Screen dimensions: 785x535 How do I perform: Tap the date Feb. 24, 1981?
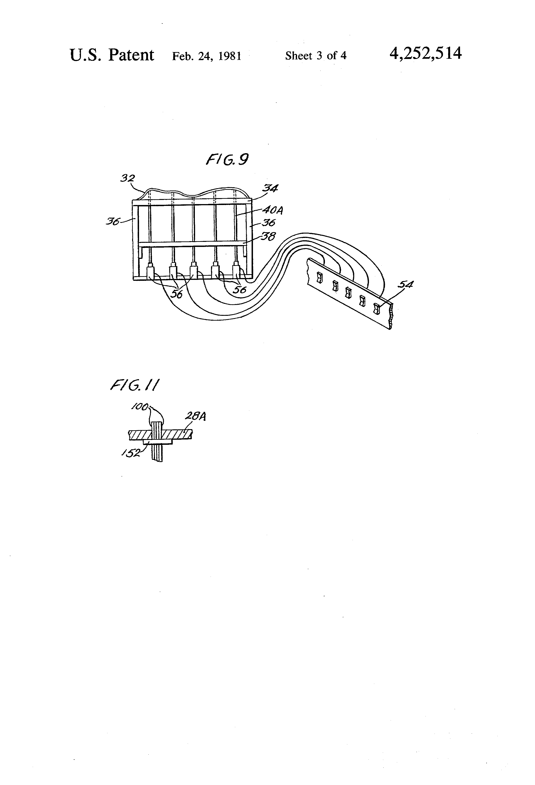207,56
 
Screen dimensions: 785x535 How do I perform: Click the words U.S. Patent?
112,55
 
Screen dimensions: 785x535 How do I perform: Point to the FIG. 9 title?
227,159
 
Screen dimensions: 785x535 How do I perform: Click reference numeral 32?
128,178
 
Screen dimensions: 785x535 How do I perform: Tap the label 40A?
273,211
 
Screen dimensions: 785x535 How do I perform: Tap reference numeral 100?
140,407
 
